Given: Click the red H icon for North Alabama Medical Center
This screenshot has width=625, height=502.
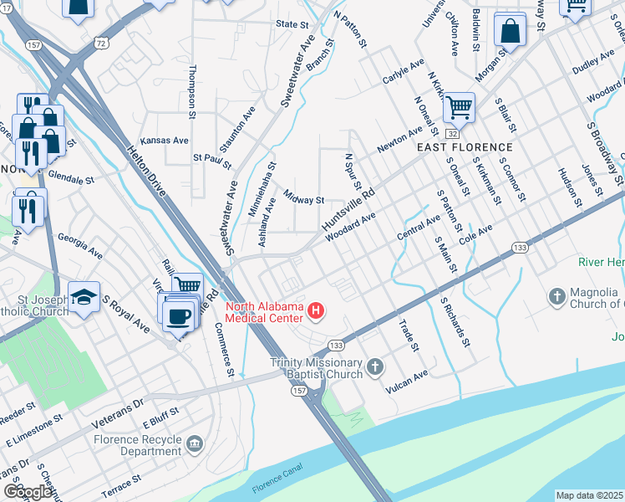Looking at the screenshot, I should pos(316,313).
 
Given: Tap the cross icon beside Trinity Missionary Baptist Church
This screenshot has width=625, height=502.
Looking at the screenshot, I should pos(376,366).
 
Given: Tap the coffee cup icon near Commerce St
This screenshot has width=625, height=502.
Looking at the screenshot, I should pos(179,315).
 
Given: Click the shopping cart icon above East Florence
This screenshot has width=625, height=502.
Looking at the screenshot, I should pos(458,107).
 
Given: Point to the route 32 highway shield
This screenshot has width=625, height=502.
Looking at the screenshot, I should pos(451,134).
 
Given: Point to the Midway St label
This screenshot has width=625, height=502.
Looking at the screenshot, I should pos(303,200).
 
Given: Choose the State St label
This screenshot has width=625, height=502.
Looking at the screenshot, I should pos(292,25).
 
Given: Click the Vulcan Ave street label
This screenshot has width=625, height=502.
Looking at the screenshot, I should pos(406,382).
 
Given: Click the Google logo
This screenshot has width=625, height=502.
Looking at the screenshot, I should pos(28,492).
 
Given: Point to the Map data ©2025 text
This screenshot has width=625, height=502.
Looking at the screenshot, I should pos(589,495).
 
